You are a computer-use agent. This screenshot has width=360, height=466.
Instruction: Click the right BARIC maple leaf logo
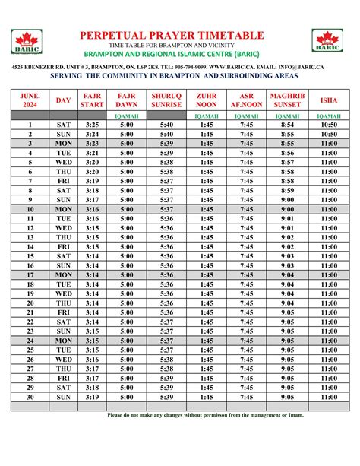[x=327, y=41]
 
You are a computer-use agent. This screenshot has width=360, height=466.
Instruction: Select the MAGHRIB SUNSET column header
[x=288, y=100]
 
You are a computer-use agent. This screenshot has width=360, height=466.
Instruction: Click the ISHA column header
[x=329, y=100]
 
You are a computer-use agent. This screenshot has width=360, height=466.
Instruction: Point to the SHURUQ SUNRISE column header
[x=167, y=100]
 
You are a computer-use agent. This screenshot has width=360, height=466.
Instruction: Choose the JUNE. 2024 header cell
[x=30, y=100]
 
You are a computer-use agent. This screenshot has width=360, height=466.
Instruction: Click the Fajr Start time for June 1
[x=93, y=124]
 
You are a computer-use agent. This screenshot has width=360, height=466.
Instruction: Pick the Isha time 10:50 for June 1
[x=329, y=124]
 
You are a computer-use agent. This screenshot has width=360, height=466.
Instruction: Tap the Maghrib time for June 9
[x=288, y=200]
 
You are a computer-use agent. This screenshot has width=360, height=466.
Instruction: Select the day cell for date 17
[x=64, y=274]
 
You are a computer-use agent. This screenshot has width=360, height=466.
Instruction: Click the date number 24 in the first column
[x=30, y=341]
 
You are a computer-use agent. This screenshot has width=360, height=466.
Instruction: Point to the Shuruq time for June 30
[x=167, y=397]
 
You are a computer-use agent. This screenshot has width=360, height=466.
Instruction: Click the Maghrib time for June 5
[x=288, y=162]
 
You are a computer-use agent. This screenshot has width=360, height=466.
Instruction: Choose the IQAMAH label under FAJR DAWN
[x=127, y=115]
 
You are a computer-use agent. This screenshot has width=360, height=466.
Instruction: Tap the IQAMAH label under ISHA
[x=329, y=115]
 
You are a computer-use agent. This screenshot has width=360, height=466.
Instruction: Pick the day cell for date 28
[x=64, y=378]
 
